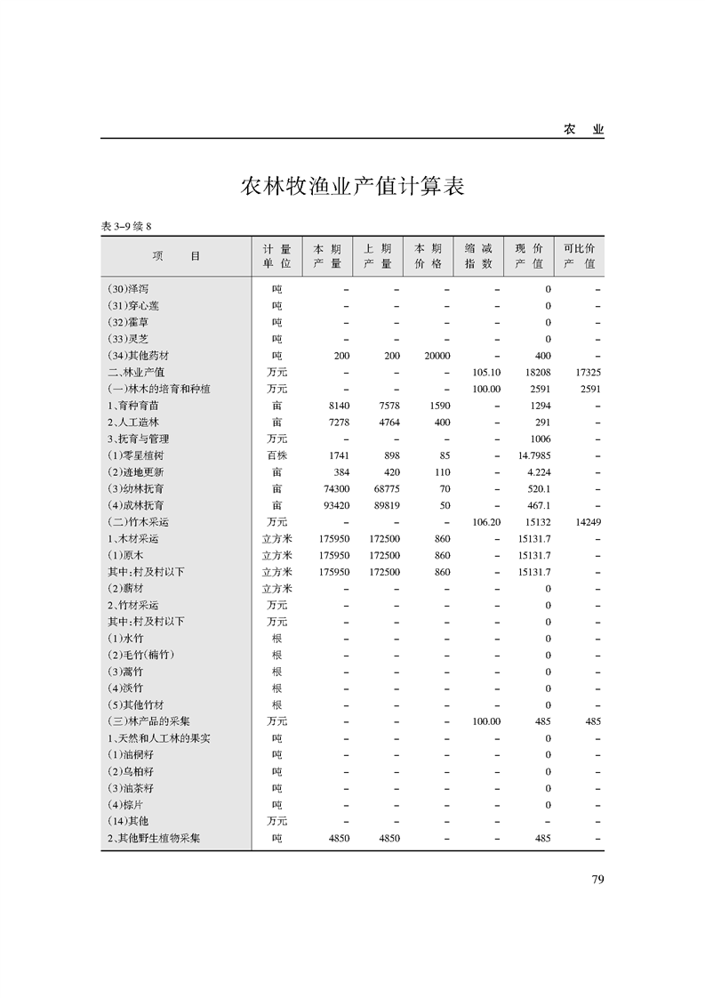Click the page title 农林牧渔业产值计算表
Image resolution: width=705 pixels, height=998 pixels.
click(x=352, y=188)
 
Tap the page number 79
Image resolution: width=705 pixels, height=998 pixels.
click(x=597, y=880)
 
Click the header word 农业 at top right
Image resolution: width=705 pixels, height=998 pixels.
click(x=584, y=130)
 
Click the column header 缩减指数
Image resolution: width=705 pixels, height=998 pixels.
click(x=478, y=256)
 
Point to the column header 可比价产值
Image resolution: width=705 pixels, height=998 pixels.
click(x=579, y=256)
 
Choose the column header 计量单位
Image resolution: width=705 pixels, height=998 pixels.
click(x=276, y=256)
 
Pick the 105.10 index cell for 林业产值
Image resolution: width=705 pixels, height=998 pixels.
click(x=487, y=373)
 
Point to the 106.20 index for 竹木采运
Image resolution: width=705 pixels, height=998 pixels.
click(x=487, y=522)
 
